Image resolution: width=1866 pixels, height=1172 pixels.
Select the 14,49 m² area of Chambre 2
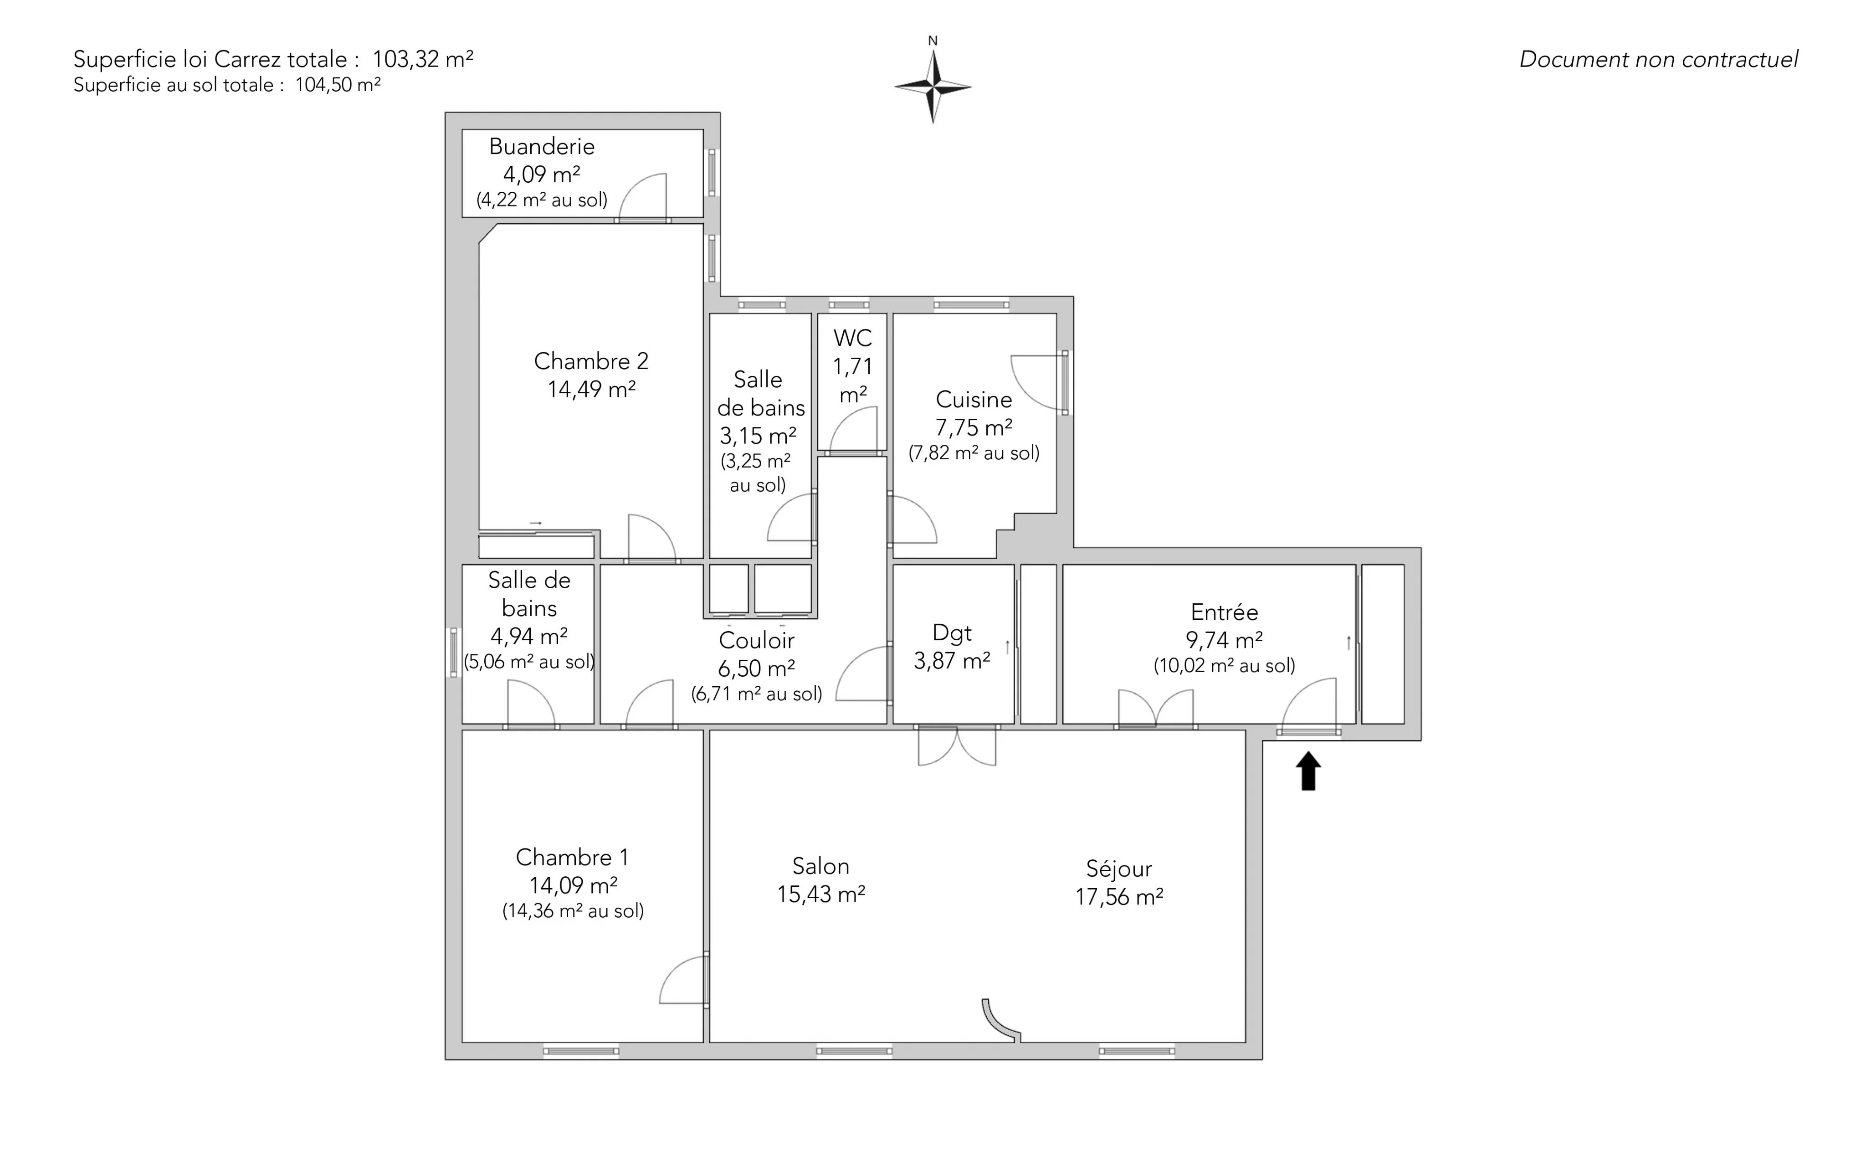pos(591,389)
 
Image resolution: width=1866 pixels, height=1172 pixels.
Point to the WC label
pos(852,338)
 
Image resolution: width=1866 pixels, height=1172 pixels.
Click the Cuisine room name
pos(974,399)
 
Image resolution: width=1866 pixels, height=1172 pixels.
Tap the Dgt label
pos(952,634)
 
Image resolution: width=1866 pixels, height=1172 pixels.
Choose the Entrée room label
pos(1225,612)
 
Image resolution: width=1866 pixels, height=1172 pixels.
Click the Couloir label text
pos(756,640)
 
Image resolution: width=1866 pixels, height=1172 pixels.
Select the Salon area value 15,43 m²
pos(820,894)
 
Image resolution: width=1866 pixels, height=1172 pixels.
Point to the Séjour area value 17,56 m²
pos(1119,897)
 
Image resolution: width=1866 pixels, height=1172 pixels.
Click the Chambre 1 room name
pos(572,857)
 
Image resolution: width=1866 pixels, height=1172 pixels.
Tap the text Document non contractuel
pos(1658,60)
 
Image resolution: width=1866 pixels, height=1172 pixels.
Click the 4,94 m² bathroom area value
pos(529,637)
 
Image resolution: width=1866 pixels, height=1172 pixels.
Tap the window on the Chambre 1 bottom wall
pos(581,1051)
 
